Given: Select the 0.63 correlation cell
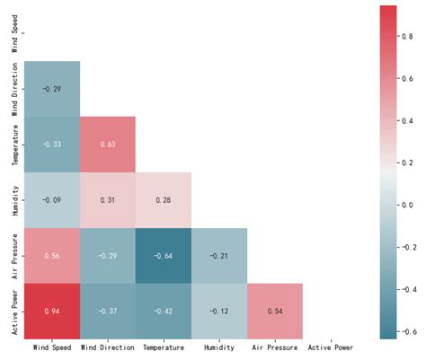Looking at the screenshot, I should pos(108,144).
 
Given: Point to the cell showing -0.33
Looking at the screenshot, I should pos(52,144).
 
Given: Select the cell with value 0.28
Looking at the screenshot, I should pos(164,198).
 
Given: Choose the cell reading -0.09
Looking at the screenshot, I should pos(52,198).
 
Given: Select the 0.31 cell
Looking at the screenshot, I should pos(108,198).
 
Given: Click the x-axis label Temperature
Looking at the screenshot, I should pos(164,347).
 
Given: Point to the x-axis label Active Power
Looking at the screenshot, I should pos(331,347).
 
